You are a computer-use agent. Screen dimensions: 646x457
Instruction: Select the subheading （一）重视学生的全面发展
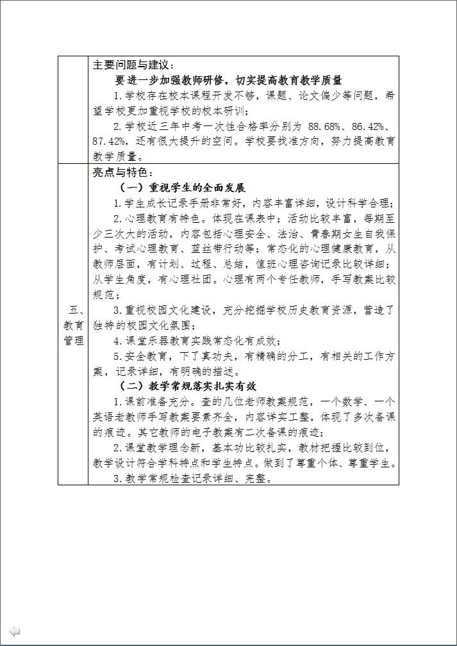click(183, 188)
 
